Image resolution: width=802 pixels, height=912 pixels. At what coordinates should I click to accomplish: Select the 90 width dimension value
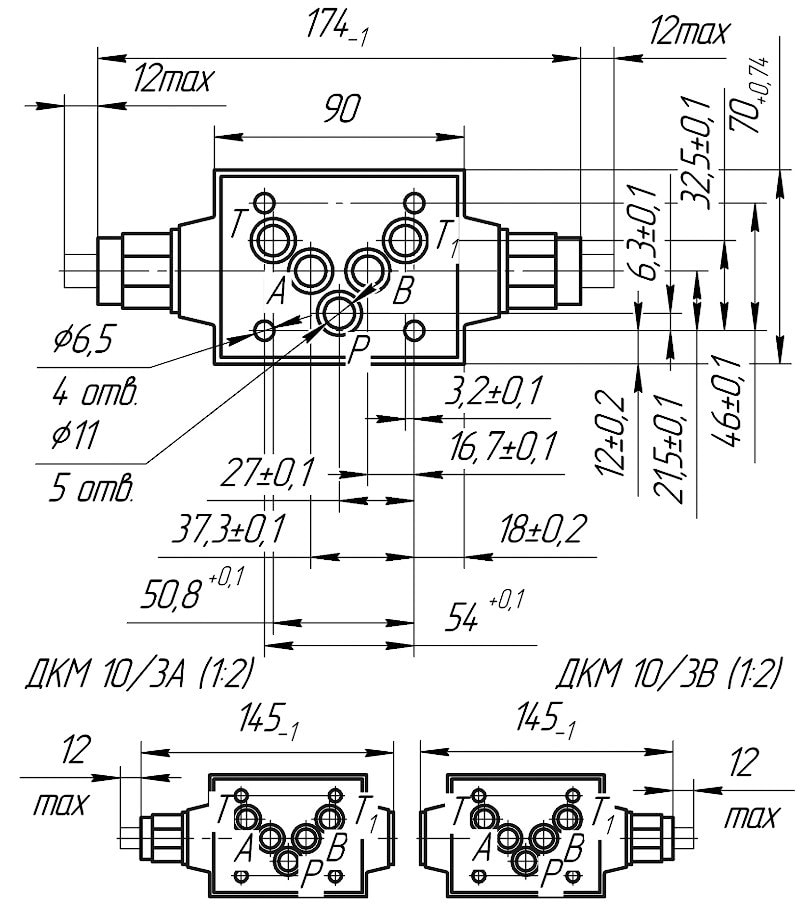coord(340,111)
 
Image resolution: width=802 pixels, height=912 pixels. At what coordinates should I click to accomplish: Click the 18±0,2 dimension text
coord(541,530)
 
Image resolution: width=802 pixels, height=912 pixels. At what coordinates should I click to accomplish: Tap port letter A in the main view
coord(277,292)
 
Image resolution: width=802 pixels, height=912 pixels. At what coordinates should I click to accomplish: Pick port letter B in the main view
coord(403,292)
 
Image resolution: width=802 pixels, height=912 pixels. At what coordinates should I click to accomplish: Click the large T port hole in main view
coord(272,239)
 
